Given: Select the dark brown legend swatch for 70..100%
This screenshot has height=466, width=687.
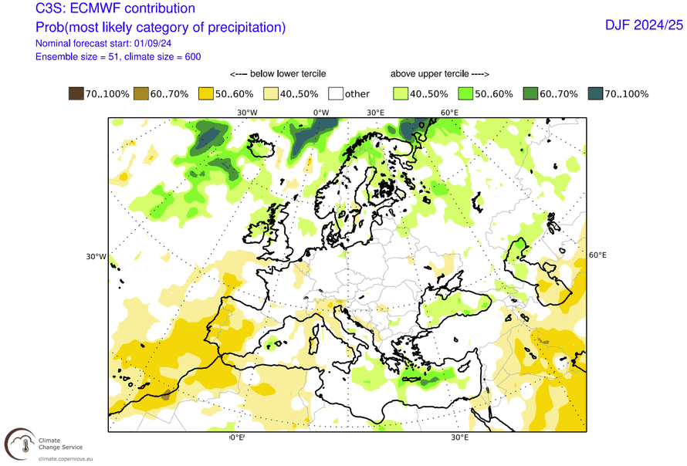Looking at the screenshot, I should coord(76,94).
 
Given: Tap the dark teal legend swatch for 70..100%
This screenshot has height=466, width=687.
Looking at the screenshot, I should coord(594,94).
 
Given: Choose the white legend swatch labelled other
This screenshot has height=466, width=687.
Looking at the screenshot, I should coord(335,94).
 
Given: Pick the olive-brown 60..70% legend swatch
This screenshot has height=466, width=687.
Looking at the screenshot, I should coord(140,94).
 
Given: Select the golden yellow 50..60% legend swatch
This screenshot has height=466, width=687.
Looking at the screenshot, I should coord(205,94).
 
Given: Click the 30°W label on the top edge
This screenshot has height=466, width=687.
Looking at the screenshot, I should coord(247,113).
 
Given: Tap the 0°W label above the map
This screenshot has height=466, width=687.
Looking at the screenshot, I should coord(320,113).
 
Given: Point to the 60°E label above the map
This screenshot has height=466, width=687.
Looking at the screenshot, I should coord(450,113).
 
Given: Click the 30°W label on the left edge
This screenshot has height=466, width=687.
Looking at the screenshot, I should coord(95,257).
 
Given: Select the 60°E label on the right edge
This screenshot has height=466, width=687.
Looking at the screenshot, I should coord(598,255).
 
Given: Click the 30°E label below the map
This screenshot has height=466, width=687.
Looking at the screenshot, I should coord(459,438).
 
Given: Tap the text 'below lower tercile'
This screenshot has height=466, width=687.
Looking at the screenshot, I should coord(278,74).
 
